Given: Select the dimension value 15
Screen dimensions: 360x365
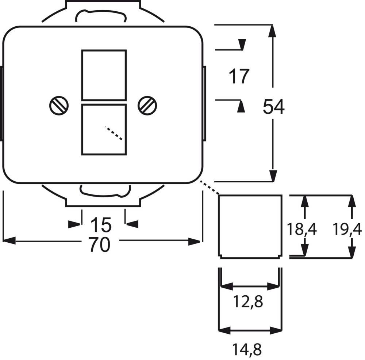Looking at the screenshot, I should (101, 225).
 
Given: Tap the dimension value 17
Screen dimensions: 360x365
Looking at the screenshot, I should (239, 77).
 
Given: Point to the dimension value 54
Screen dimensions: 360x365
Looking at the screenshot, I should (274, 107).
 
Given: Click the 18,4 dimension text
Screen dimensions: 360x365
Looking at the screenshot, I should (301, 230).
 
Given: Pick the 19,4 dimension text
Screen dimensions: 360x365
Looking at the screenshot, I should (347, 230).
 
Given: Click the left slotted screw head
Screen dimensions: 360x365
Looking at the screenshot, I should (59, 106).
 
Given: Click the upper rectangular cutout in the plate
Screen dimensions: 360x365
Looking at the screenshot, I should (104, 75).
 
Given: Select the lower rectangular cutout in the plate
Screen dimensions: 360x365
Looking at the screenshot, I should (104, 130).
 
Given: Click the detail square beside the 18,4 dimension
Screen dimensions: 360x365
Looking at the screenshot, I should (250, 227).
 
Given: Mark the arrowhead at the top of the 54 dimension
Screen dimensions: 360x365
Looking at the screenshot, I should (272, 31).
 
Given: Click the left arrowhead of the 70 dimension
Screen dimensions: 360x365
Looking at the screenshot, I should (9, 240).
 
